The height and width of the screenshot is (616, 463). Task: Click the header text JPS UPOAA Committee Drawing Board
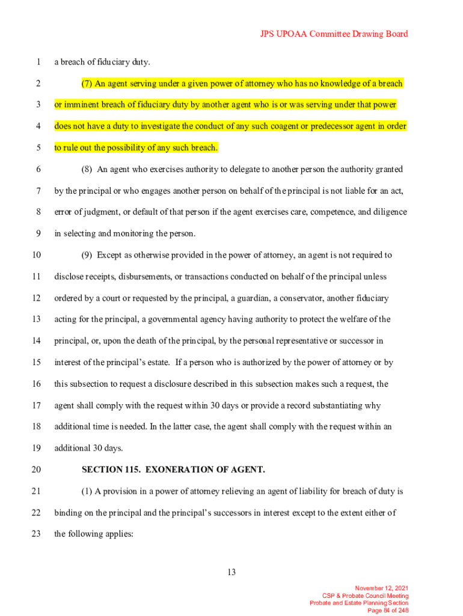334,34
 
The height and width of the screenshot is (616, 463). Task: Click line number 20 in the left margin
37,469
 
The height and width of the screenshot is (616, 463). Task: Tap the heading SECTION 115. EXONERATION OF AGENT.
173,469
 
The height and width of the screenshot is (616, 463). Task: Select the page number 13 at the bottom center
231,572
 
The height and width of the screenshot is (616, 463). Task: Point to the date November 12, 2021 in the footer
382,588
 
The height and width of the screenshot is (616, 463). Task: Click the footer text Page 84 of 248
388,611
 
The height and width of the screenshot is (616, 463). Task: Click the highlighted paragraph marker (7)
87,84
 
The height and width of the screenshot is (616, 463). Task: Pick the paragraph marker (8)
87,170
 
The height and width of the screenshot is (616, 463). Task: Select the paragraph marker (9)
87,255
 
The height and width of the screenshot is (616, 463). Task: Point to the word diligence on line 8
389,212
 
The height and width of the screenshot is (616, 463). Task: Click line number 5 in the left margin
37,148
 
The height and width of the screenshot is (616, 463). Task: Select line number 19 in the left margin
37,448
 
